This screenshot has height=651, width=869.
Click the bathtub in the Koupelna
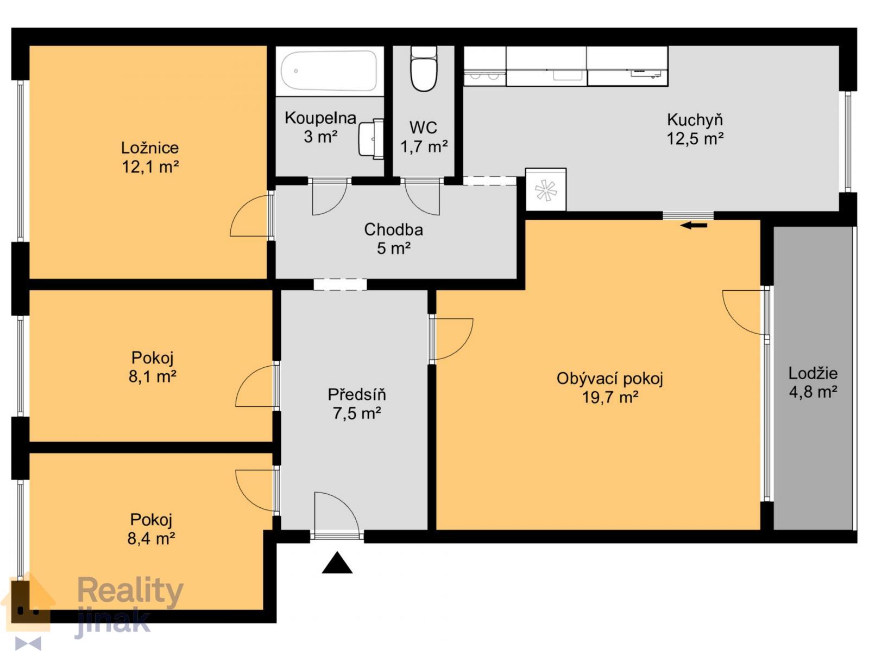[329, 71]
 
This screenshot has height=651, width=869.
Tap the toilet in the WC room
[423, 69]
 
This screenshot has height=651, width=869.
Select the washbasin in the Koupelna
[371, 139]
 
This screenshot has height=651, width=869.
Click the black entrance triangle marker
[337, 562]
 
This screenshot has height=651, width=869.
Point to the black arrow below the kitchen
[694, 226]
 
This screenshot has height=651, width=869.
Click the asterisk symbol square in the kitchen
[545, 190]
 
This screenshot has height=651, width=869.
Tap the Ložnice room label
[150, 148]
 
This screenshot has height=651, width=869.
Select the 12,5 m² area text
[695, 139]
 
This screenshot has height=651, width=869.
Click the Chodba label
[394, 229]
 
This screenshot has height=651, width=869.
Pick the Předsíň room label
[357, 394]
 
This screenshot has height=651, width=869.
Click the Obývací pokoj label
[610, 379]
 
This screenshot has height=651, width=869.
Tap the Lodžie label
[813, 373]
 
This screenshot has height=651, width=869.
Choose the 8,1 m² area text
[152, 376]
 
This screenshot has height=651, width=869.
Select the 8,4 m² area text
[151, 538]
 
